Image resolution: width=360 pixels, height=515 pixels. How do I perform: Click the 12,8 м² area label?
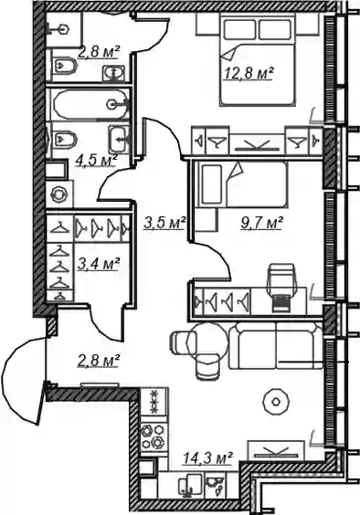tap(249, 73)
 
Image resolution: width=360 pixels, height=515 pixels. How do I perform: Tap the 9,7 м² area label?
tap(261, 223)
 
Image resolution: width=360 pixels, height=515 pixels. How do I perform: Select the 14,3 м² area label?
tap(207, 457)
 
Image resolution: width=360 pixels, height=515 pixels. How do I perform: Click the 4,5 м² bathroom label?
tap(96, 161)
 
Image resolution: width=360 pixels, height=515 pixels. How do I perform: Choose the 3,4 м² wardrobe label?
tap(98, 264)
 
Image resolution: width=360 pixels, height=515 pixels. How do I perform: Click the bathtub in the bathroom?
tap(90, 104)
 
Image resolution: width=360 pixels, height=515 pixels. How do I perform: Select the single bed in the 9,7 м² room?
tap(242, 184)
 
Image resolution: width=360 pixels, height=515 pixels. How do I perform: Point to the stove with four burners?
tap(154, 436)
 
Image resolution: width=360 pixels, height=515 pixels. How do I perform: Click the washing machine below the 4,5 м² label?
tap(58, 195)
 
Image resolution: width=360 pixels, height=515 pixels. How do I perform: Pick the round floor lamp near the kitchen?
tap(276, 402)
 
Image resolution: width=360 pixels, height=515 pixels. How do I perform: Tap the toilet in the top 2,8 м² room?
tap(65, 67)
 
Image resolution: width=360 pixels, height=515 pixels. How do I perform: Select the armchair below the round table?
tap(207, 366)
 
